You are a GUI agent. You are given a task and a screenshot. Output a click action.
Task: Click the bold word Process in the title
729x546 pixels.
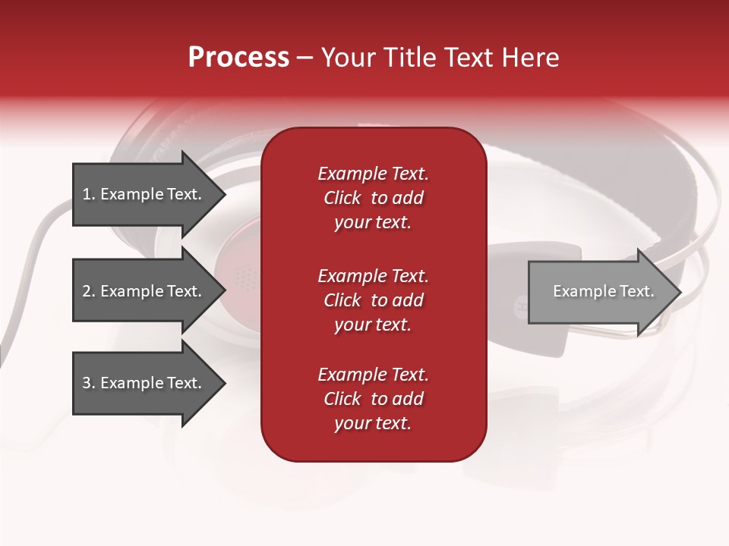[x=238, y=58]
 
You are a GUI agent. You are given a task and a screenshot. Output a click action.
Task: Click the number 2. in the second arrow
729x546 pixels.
[x=89, y=291]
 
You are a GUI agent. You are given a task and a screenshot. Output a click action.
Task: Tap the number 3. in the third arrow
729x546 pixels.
[x=89, y=383]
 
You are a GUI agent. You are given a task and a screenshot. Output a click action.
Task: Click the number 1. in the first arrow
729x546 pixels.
[x=89, y=194]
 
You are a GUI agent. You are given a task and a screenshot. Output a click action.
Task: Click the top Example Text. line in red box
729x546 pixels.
[x=373, y=174]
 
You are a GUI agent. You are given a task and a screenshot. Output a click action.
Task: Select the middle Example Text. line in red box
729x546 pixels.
[x=373, y=275]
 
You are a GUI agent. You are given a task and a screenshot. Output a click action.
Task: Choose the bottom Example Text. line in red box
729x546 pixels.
[x=373, y=375]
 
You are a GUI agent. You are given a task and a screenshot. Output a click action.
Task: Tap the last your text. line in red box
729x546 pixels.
[x=373, y=423]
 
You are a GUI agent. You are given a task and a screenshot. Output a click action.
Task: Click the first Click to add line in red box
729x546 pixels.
[x=373, y=198]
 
